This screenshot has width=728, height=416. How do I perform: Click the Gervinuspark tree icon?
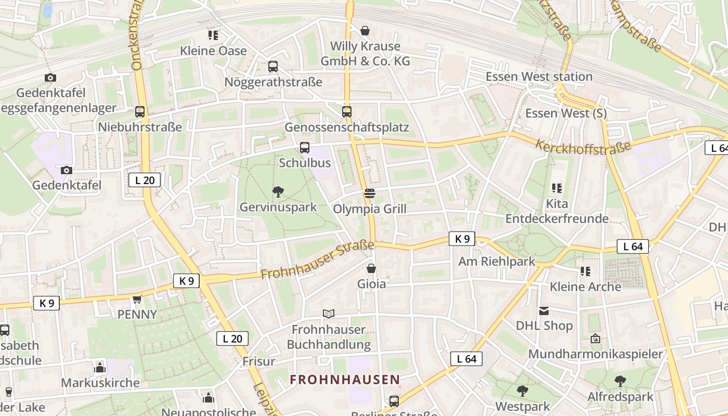click(278, 192)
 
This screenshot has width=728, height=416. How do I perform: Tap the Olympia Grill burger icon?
click(370, 194)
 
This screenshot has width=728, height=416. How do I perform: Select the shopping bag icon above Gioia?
click(371, 268)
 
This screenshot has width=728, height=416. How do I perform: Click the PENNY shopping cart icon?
click(137, 299)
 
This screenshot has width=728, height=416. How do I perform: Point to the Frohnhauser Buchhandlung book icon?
click(328, 314)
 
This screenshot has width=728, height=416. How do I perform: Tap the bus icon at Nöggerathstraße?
click(273, 67)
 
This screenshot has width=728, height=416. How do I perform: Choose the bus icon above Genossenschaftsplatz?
click(347, 111)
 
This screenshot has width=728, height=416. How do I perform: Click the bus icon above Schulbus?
click(305, 147)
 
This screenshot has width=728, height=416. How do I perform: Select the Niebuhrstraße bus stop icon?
click(140, 111)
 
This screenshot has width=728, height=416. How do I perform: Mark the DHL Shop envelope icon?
click(544, 310)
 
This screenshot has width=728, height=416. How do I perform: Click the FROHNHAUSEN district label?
click(345, 380)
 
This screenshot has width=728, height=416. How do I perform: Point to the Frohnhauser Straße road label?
click(317, 259)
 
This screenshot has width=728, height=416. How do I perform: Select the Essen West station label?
click(539, 77)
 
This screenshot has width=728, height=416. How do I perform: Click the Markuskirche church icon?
click(100, 368)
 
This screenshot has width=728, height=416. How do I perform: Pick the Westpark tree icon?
click(523, 391)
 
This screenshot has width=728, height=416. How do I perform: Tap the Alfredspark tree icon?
click(620, 381)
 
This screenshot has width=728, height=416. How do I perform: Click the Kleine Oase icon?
click(213, 35)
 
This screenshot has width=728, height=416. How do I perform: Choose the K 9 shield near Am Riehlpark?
click(462, 239)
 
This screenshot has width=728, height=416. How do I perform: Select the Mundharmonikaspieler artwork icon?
click(595, 339)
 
